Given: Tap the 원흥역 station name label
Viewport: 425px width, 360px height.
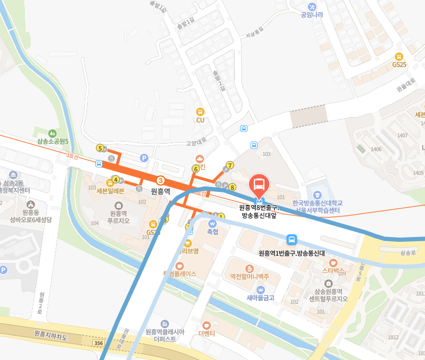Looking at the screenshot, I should tap(160, 191).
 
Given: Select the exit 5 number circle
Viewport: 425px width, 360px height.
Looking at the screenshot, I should tap(100, 148).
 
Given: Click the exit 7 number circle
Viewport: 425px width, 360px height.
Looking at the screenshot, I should tap(229, 165).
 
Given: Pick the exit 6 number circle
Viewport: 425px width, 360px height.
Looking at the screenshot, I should tap(195, 169).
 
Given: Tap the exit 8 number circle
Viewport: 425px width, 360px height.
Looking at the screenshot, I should tap(232, 187).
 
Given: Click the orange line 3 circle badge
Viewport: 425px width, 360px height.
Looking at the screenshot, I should tap(161, 181).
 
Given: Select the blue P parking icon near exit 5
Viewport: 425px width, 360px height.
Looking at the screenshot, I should tap(143, 157).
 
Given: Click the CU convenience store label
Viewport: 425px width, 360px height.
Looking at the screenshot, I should tap(200, 120).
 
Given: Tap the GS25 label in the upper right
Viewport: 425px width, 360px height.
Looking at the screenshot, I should tap(399, 65).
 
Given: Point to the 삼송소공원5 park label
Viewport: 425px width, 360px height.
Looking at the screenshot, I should tap(53, 141).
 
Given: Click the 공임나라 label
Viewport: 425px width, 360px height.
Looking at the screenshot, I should tap(312, 15).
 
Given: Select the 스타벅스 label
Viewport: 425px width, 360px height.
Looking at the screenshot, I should tap(333, 270).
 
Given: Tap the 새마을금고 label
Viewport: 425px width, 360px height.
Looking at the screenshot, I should tap(260, 297).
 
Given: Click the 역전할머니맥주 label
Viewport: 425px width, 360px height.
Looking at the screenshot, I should tap(249, 276).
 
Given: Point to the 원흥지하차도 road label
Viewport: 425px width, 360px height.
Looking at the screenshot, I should tap(51, 334).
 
